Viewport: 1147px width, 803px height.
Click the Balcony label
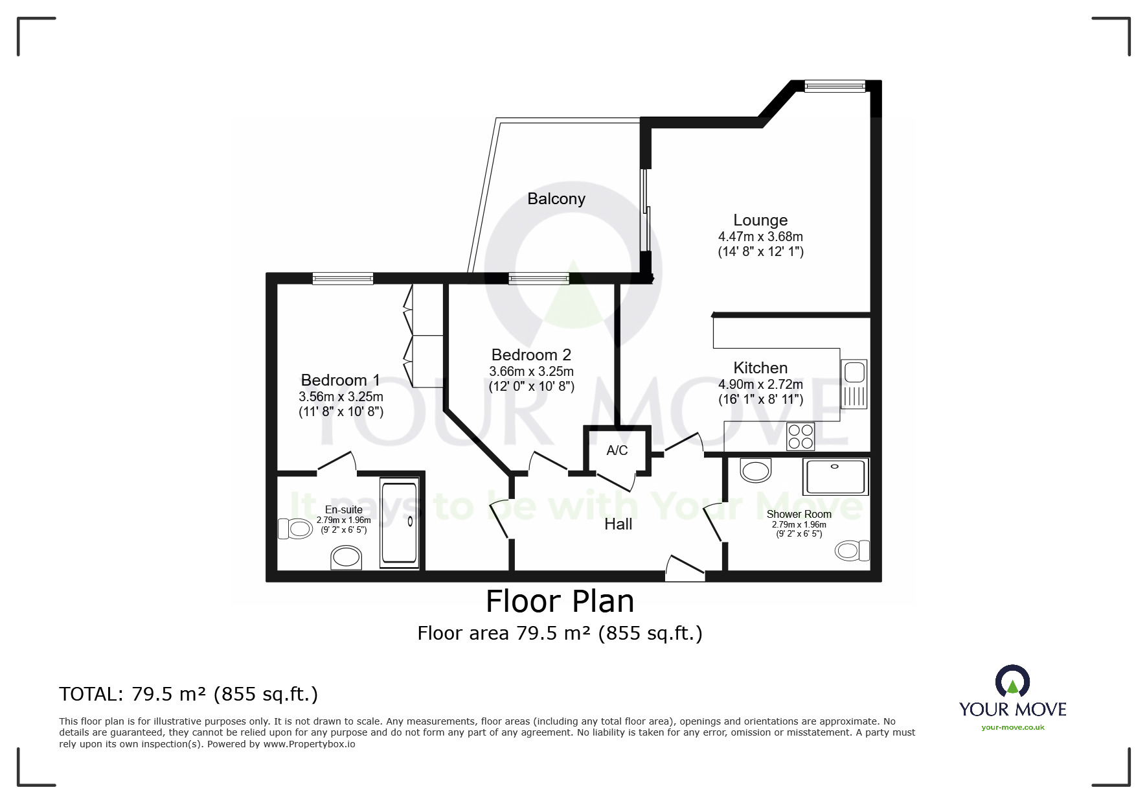coord(556,199)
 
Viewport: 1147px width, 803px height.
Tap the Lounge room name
coord(760,220)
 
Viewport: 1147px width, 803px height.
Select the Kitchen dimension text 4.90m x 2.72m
coord(760,384)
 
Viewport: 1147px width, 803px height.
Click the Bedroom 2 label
coord(531,355)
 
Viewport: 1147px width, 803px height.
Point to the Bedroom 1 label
coord(341,380)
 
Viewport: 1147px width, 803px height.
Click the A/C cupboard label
coord(617,450)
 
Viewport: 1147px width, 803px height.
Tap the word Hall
coord(619,524)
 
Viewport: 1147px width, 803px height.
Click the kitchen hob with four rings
coord(801,436)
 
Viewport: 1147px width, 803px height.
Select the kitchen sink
coord(854,384)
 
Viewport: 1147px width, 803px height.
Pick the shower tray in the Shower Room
coord(835,477)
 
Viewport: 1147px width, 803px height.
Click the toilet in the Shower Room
coord(852,551)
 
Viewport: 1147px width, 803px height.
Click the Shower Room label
coord(799,514)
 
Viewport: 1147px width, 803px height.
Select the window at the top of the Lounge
coord(835,86)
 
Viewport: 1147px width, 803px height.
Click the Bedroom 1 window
coord(343,279)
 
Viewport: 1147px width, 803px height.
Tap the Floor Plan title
coord(560,601)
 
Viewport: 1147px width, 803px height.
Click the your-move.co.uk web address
coord(1013,727)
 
